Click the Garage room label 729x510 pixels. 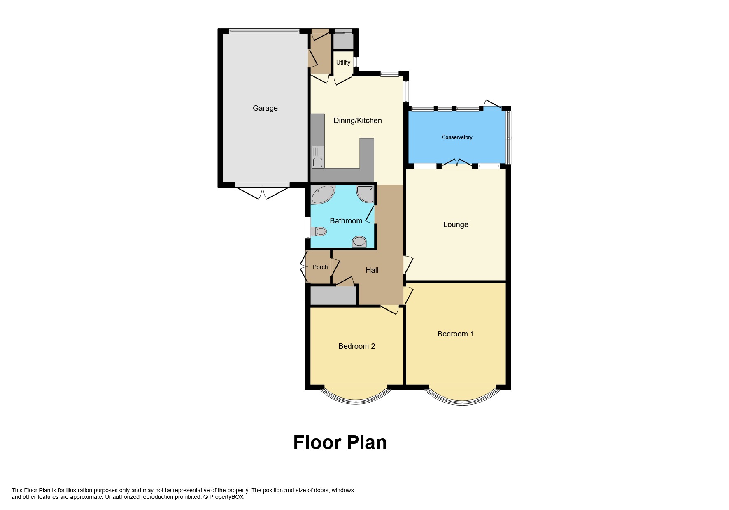tap(265, 108)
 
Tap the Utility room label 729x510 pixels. tap(343, 63)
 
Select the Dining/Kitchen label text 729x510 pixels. tap(357, 121)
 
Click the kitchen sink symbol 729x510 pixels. tap(318, 157)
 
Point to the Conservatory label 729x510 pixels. tap(457, 137)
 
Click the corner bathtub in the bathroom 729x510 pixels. tap(322, 195)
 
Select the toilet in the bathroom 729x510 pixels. tap(318, 232)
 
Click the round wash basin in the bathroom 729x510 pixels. tap(359, 241)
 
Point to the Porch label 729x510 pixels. tap(320, 267)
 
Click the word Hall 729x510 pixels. tap(372, 270)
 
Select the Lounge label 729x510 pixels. tap(456, 225)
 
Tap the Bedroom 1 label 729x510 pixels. tap(455, 334)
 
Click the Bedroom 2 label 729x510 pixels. tap(356, 346)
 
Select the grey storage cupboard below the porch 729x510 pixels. tap(333, 295)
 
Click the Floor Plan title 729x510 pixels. tap(340, 443)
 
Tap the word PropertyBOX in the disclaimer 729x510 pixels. tap(226, 497)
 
